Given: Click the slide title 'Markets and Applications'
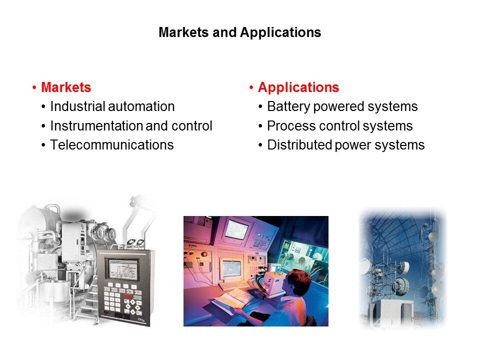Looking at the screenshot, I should [239, 33].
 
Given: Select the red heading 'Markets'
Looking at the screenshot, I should [66, 87].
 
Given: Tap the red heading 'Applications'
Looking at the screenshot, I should [298, 87].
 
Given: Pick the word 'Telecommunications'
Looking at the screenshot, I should [112, 145].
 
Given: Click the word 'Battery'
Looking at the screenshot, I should [288, 106].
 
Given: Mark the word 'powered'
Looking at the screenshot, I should [337, 106].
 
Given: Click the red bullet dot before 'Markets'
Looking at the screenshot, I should [34, 88].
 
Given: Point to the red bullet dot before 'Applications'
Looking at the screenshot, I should [251, 88].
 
